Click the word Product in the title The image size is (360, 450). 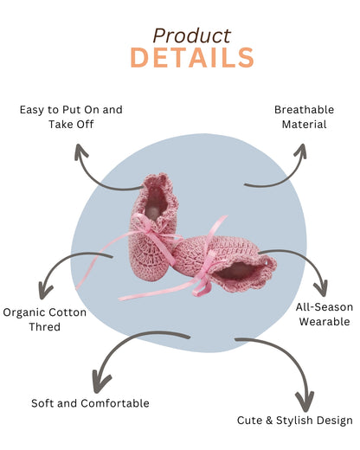(x=192, y=35)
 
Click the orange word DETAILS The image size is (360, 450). (x=192, y=58)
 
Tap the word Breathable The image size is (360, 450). (x=304, y=110)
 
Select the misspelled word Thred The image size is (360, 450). (x=44, y=327)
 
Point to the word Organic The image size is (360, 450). (x=24, y=312)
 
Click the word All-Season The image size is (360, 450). (x=325, y=307)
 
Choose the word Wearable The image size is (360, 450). (x=325, y=321)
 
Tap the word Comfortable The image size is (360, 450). (x=115, y=403)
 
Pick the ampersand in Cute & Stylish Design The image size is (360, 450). (x=269, y=421)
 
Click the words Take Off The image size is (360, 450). (x=71, y=125)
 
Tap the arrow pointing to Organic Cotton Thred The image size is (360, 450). (x=62, y=260)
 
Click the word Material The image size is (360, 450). (x=304, y=125)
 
